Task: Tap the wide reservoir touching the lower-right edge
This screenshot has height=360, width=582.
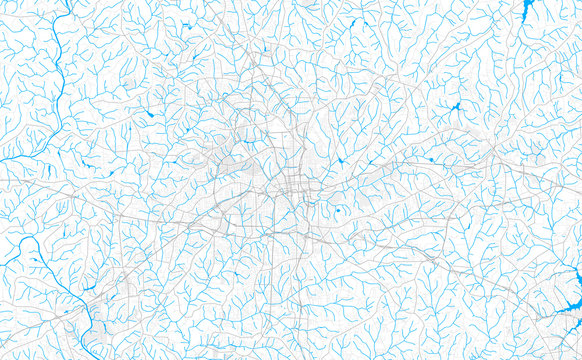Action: (560, 317)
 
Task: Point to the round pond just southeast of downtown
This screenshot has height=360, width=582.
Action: (338, 210)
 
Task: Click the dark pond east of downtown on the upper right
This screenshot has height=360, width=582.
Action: (456, 106)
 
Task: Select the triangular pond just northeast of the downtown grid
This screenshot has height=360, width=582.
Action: (341, 160)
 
